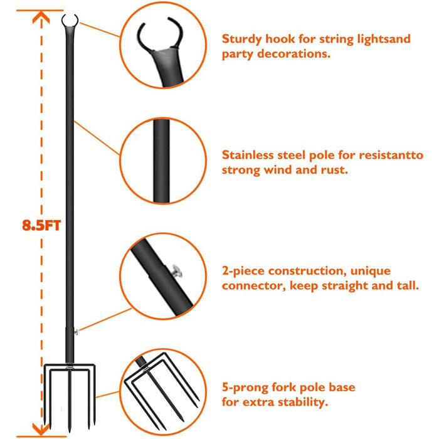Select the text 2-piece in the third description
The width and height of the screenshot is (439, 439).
pyautogui.click(x=241, y=271)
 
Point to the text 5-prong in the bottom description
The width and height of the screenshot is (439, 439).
pyautogui.click(x=243, y=387)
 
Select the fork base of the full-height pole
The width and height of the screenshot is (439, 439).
pyautogui.click(x=69, y=389)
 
